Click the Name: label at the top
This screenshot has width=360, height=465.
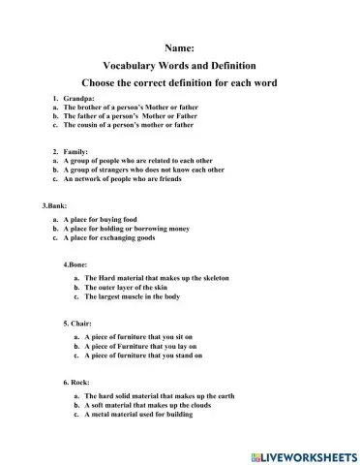(x=179, y=46)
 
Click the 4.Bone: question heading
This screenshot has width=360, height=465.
(x=77, y=263)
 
